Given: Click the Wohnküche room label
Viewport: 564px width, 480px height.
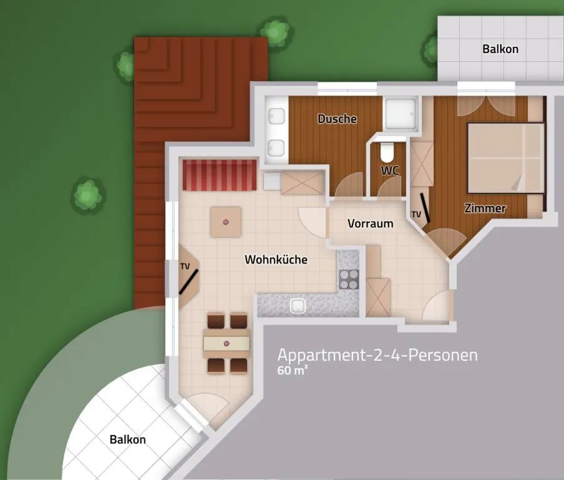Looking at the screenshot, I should pyautogui.click(x=276, y=260).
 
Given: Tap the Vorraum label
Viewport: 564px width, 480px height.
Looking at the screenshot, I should pyautogui.click(x=370, y=223).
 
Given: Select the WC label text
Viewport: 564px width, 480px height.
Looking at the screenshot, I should pyautogui.click(x=390, y=170).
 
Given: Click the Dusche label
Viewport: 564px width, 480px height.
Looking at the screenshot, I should pyautogui.click(x=337, y=119).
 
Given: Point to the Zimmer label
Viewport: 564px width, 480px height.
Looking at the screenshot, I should pyautogui.click(x=485, y=208).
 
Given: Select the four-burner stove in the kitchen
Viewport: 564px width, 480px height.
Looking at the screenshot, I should pyautogui.click(x=349, y=278).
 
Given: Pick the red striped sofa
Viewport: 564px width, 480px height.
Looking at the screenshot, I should pyautogui.click(x=219, y=175).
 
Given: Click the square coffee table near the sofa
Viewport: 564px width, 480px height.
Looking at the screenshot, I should pyautogui.click(x=225, y=222).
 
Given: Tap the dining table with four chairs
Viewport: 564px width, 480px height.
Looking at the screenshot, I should pyautogui.click(x=226, y=343).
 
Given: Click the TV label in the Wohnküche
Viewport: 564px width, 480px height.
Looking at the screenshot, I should pyautogui.click(x=185, y=266).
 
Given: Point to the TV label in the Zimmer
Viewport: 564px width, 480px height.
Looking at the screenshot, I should pyautogui.click(x=416, y=215).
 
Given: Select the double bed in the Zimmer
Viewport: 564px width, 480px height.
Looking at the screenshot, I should pyautogui.click(x=505, y=157).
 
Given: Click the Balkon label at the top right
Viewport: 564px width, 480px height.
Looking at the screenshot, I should pyautogui.click(x=500, y=49).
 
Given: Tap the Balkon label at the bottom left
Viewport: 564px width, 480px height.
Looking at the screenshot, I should pyautogui.click(x=127, y=439).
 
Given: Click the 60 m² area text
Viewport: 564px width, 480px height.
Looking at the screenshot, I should pyautogui.click(x=293, y=370).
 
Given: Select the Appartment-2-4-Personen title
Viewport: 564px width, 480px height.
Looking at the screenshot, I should pyautogui.click(x=377, y=355).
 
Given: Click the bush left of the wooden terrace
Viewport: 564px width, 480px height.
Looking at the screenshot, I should pyautogui.click(x=88, y=195).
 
